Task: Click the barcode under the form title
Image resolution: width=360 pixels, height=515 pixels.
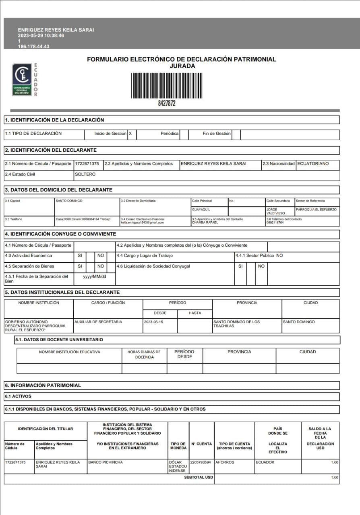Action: tap(167, 85)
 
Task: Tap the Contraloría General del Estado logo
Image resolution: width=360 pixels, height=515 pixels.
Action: tap(22, 80)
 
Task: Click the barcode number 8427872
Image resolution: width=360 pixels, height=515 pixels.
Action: tap(167, 103)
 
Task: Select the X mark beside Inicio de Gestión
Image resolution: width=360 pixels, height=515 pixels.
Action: tap(130, 134)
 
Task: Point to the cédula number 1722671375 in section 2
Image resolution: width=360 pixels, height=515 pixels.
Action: tap(87, 164)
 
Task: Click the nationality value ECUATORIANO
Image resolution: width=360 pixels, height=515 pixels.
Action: tap(313, 164)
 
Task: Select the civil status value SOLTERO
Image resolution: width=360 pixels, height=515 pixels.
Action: tap(85, 175)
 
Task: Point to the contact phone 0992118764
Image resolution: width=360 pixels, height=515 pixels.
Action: tap(275, 222)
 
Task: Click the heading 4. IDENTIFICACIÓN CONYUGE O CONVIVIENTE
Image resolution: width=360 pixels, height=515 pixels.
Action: tap(60, 234)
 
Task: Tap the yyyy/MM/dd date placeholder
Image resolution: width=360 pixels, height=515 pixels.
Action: tap(95, 277)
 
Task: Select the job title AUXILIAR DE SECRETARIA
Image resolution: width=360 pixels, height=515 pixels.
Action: tap(98, 322)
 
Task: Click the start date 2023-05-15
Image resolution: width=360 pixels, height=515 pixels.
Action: tap(153, 322)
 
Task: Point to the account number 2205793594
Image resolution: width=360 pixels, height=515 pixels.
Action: tap(201, 462)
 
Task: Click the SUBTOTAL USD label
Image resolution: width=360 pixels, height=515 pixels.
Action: tap(199, 477)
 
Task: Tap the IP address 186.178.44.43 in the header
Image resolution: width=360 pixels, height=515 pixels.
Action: tap(34, 47)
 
